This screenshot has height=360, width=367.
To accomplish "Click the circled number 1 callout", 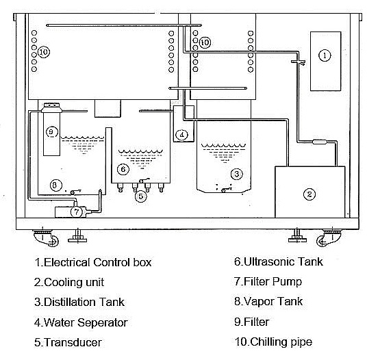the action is [325, 55].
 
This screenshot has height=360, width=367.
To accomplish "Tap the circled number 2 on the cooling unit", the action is [309, 194].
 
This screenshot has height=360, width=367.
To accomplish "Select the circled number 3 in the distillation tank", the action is [237, 174].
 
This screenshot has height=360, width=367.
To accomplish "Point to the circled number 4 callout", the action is [182, 135].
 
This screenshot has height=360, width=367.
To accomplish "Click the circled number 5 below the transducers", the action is [140, 196].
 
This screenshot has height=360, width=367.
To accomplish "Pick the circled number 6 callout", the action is [123, 169].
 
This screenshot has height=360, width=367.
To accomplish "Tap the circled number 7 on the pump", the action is [77, 211].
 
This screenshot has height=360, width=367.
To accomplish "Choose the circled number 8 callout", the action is [56, 185].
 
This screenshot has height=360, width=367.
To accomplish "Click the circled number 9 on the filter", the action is [51, 132].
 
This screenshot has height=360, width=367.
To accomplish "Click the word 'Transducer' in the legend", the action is [73, 342].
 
